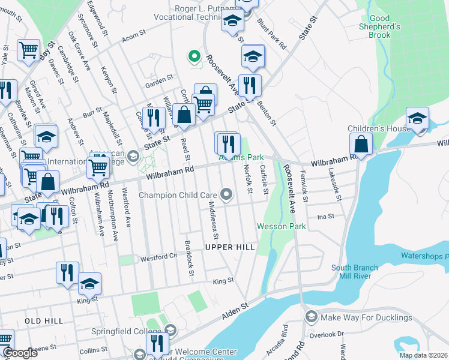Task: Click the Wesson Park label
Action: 282,226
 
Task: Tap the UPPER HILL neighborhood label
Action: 230,247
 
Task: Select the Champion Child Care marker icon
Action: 226,194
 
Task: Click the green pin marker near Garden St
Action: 194,57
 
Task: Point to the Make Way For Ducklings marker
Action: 311,316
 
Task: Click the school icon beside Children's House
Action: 417,119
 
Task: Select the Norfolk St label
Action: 248,181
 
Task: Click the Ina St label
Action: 325,216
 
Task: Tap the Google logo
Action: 19,353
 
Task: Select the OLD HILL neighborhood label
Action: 43,322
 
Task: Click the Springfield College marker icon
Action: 170,330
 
